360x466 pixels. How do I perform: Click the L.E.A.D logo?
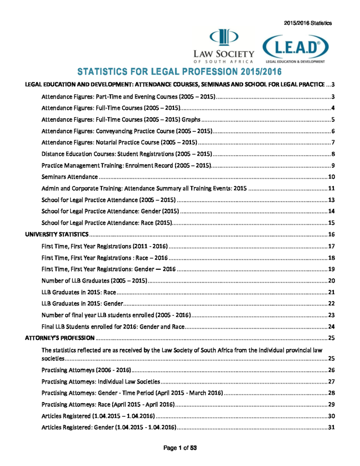[x=294, y=48]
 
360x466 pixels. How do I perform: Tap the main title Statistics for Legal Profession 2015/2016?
[x=180, y=72]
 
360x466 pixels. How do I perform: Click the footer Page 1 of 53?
[x=180, y=448]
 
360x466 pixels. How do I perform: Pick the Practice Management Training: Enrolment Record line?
[x=126, y=165]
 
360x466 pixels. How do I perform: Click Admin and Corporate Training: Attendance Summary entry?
[x=142, y=188]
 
